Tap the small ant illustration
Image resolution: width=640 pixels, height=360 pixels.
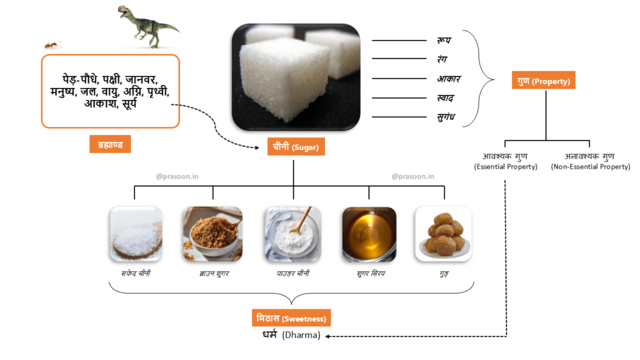[x=52, y=45]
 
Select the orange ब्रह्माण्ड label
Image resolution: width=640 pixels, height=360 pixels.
[x=110, y=144]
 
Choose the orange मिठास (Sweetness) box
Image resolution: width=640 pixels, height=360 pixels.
[x=292, y=317]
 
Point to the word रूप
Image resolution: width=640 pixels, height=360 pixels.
[x=444, y=41]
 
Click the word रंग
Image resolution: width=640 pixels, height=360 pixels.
[x=443, y=59]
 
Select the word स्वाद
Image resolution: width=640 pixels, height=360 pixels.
[x=446, y=98]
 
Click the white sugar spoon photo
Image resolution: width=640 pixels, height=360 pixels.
[x=136, y=234]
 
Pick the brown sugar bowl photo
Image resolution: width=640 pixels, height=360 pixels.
[x=212, y=234]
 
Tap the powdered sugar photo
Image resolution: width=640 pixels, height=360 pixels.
[x=292, y=234]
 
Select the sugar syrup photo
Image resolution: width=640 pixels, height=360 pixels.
[x=369, y=234]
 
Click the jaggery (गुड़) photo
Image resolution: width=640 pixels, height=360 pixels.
[x=443, y=234]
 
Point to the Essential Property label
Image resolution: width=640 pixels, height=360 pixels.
[x=506, y=161]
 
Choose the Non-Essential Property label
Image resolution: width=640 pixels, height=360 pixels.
[x=590, y=161]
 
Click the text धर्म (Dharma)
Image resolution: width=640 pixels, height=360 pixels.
[x=291, y=336]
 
